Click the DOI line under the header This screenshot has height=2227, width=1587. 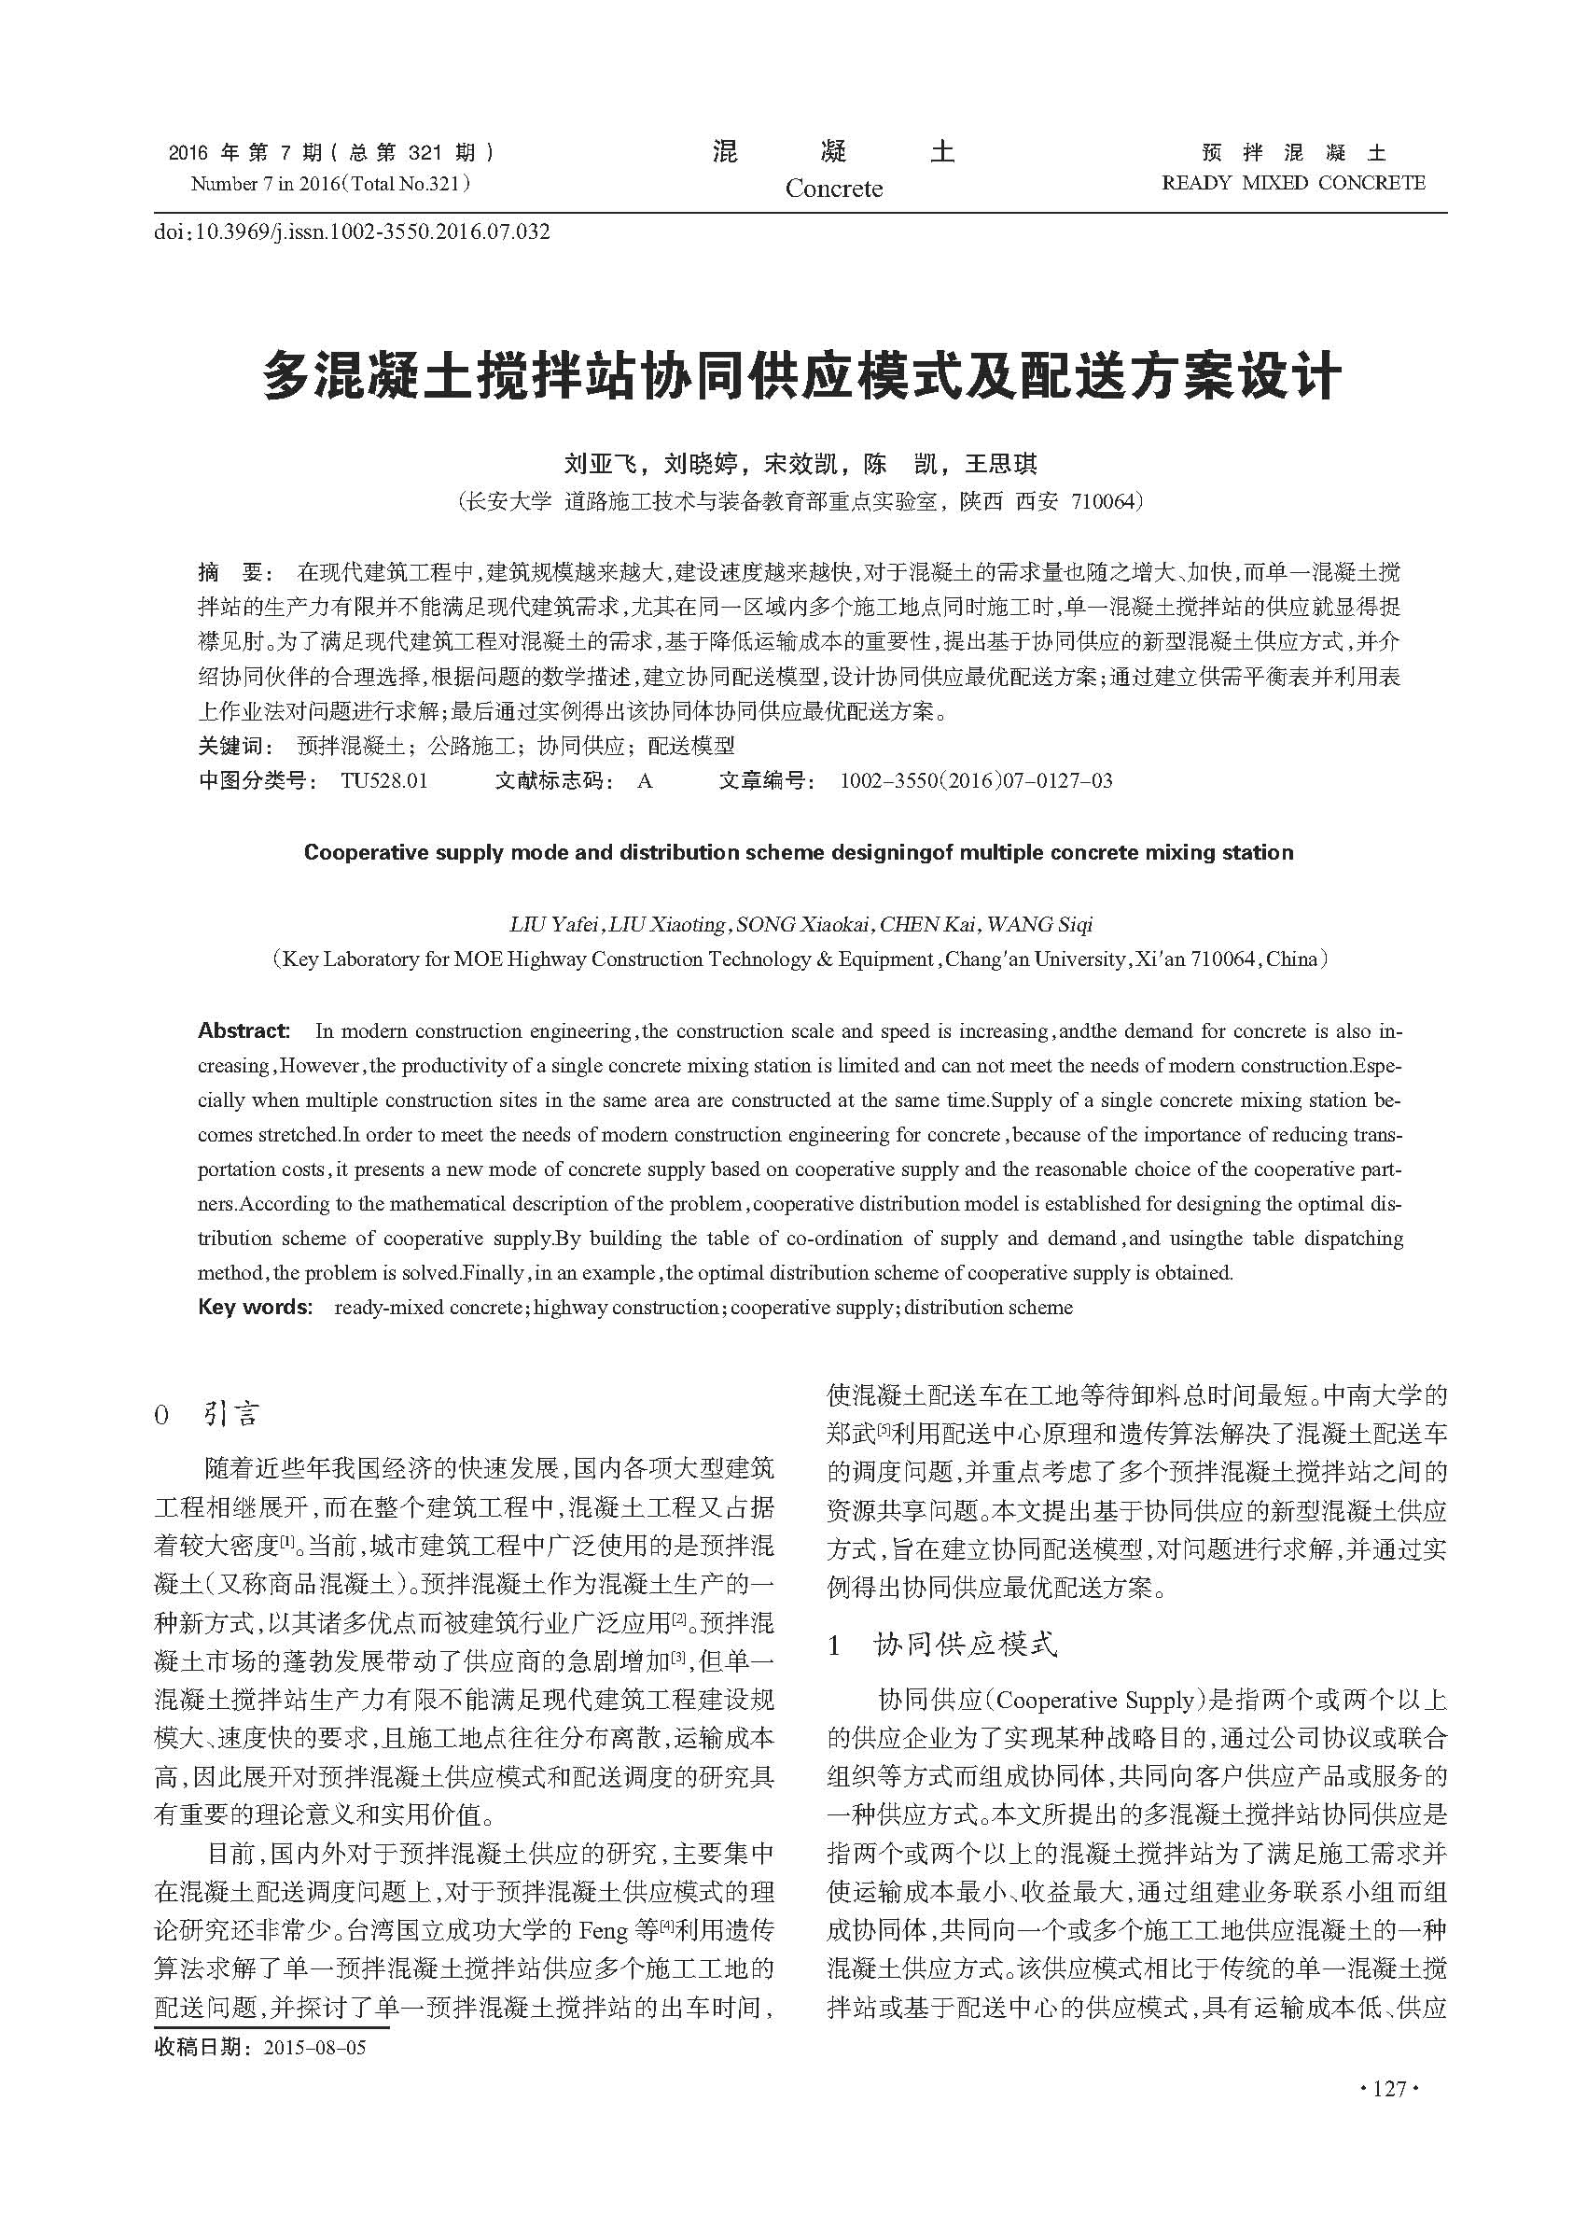[x=352, y=231]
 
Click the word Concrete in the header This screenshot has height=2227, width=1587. [x=833, y=189]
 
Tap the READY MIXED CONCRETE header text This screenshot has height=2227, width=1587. [x=1293, y=183]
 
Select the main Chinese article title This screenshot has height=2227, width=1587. [x=801, y=376]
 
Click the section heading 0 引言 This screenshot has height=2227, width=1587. [x=207, y=1415]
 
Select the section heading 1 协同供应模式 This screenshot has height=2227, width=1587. [x=942, y=1646]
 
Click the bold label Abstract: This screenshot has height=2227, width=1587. [x=244, y=1030]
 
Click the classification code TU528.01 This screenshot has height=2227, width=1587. [x=384, y=780]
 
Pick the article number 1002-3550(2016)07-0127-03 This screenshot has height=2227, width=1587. [x=975, y=780]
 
